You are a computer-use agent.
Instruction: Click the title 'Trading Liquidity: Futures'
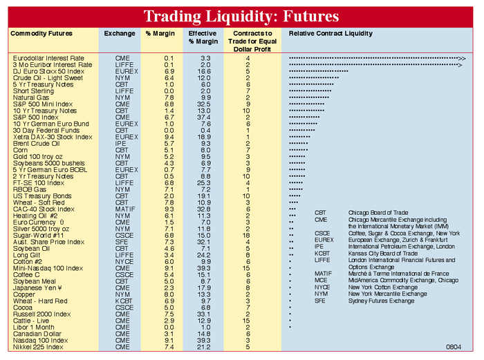[241, 16]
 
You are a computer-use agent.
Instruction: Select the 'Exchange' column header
[120, 33]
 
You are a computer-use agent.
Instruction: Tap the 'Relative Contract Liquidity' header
[331, 33]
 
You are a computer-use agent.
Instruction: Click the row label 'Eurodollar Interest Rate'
[48, 59]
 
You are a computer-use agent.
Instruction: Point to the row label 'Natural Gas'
[30, 98]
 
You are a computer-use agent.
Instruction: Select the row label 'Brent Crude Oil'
[38, 144]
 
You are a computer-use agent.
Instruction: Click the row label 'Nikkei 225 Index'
[39, 347]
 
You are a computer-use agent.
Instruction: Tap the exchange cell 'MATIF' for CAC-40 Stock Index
[122, 209]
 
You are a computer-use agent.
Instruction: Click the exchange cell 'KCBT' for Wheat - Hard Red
[122, 301]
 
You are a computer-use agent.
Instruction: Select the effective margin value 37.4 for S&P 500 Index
[205, 117]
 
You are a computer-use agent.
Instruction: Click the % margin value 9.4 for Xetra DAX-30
[169, 137]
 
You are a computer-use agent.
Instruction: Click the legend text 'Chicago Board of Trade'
[378, 213]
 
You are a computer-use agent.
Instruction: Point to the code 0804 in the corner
[454, 346]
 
